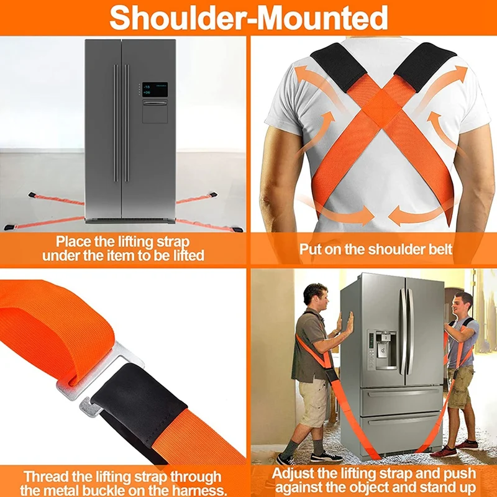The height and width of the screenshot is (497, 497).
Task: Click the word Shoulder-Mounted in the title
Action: (248, 17)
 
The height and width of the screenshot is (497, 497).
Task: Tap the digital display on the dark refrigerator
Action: (155, 89)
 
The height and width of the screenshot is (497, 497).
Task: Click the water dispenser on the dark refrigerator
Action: (155, 111)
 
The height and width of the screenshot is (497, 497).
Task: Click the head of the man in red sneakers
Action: (463, 303)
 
